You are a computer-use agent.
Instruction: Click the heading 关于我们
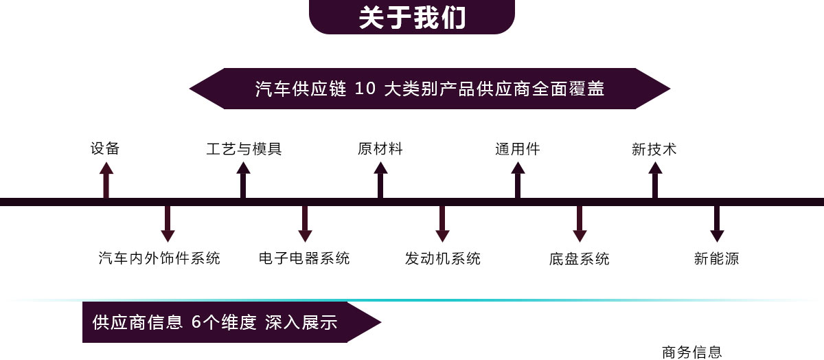pyautogui.click(x=412, y=18)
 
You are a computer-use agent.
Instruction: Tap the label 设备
pyautogui.click(x=105, y=148)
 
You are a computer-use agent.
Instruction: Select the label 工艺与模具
pyautogui.click(x=244, y=148)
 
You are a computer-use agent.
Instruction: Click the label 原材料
pyautogui.click(x=380, y=148)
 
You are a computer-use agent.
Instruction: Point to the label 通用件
pyautogui.click(x=517, y=148)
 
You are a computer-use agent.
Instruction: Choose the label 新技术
pyautogui.click(x=654, y=148)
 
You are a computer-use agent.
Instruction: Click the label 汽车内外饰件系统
pyautogui.click(x=159, y=259)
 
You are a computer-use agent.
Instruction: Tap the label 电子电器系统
pyautogui.click(x=304, y=259)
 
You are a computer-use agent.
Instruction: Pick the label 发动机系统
pyautogui.click(x=443, y=259)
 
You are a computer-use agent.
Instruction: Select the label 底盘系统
pyautogui.click(x=579, y=259)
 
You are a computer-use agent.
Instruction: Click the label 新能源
pyautogui.click(x=716, y=259)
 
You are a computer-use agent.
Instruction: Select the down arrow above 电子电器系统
pyautogui.click(x=305, y=224)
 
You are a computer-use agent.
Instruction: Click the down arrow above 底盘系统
pyautogui.click(x=580, y=224)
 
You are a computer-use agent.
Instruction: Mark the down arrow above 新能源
pyautogui.click(x=717, y=224)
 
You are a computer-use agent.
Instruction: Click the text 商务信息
pyautogui.click(x=691, y=352)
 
